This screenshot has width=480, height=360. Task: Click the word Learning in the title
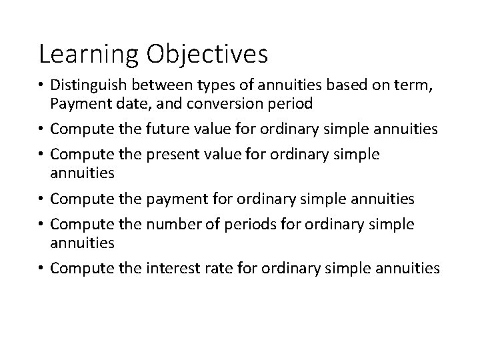(89, 54)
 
